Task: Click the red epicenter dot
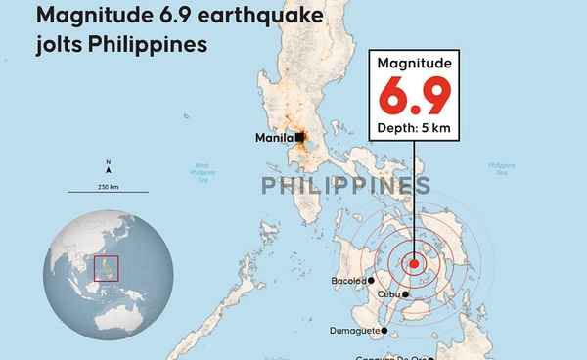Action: (414, 263)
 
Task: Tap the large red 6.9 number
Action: (414, 97)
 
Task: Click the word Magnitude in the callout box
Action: (414, 64)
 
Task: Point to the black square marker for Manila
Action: (297, 138)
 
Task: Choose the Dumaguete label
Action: (355, 331)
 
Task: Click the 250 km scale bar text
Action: (108, 186)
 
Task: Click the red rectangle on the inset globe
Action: (106, 268)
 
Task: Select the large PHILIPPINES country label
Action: (345, 186)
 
